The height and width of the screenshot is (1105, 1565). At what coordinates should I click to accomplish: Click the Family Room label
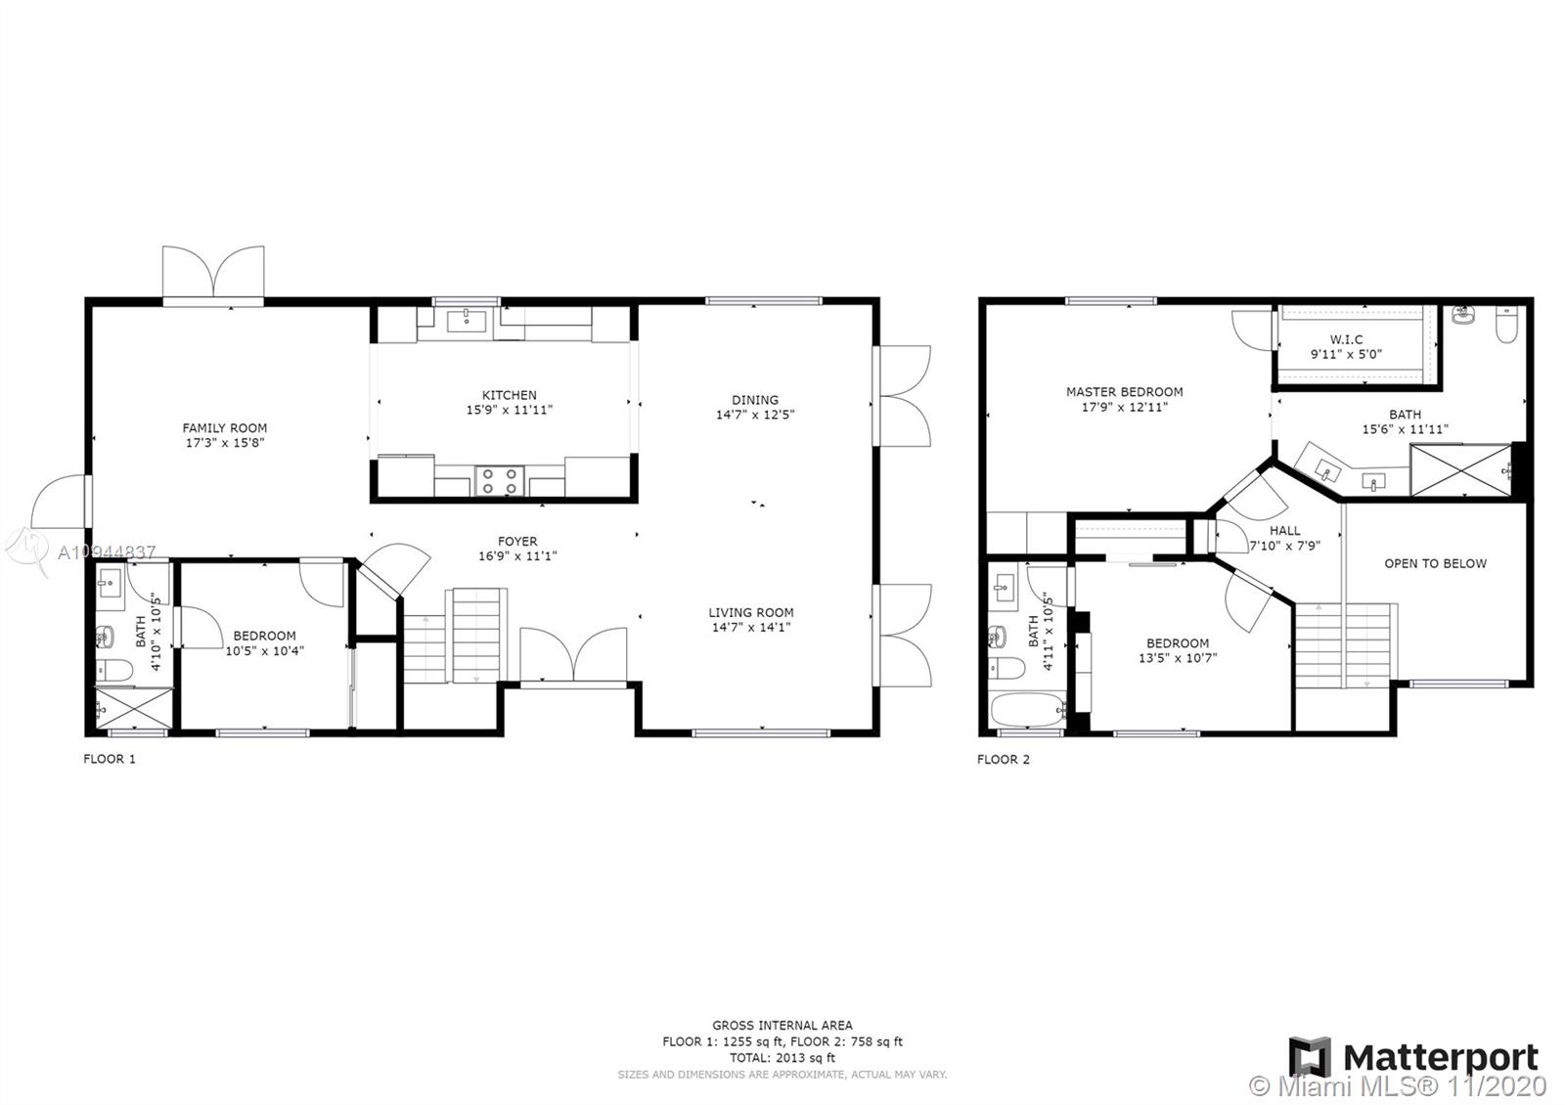tap(224, 427)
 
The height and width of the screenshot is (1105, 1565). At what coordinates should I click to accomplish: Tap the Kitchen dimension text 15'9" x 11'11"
tap(510, 410)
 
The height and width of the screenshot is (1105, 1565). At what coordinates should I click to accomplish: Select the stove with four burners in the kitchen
tap(500, 480)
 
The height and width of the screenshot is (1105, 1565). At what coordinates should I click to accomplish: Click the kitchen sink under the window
tap(466, 322)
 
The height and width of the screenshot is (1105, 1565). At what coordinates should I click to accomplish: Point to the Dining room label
tap(755, 400)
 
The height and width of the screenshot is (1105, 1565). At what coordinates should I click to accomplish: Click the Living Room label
tap(751, 612)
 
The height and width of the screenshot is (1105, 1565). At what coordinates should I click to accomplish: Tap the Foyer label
tap(517, 542)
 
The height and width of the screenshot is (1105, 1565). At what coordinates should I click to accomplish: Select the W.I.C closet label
tap(1346, 339)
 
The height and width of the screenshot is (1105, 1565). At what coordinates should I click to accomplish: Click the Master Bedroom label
tap(1125, 392)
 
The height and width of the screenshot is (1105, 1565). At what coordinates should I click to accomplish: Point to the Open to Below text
tap(1436, 563)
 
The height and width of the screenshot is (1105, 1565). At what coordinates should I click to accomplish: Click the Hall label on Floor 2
tap(1285, 531)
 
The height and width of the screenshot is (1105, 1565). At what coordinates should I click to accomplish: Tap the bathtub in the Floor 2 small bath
tap(1028, 710)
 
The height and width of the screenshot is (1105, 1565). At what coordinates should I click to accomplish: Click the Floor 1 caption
tap(110, 759)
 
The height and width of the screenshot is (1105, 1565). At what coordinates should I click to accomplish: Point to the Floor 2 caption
tap(1004, 759)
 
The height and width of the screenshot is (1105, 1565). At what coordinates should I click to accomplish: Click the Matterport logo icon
tap(1310, 1057)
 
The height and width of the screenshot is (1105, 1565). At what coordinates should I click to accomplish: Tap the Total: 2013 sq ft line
tap(782, 1058)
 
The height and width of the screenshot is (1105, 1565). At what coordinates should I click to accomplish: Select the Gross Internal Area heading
tap(782, 1026)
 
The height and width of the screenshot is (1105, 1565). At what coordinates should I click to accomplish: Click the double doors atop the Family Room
tap(213, 273)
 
